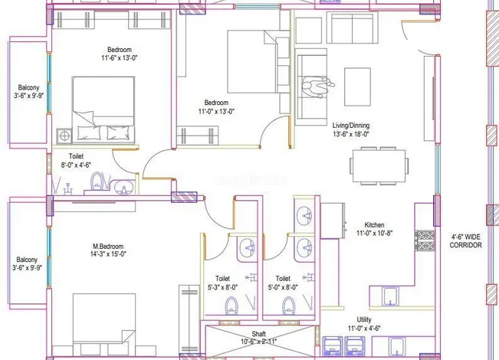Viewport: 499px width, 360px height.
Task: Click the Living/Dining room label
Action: pos(351,129)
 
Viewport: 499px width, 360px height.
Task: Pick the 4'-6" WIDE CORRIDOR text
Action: pos(465,241)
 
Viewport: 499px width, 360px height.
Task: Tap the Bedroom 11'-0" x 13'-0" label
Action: pos(215,106)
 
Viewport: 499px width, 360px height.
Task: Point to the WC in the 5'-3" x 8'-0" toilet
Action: pos(231,306)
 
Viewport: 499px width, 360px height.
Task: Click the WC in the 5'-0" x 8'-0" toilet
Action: pos(289,306)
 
